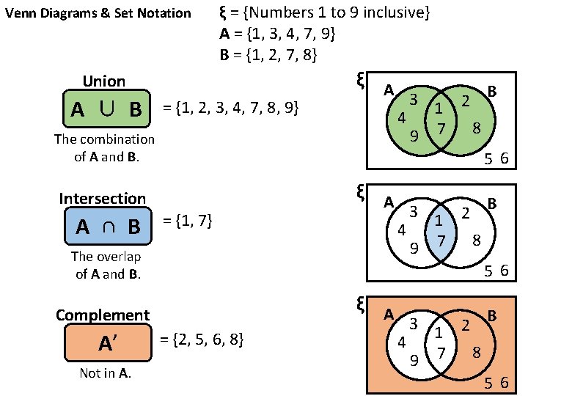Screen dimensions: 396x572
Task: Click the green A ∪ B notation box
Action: pos(106,109)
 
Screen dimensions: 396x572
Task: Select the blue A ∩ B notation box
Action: pos(107,226)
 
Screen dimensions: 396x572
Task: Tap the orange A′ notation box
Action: pos(107,342)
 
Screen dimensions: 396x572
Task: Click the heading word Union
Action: pos(103,81)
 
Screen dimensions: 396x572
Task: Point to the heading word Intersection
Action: pos(102,199)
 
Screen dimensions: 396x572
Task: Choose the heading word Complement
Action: pos(103,315)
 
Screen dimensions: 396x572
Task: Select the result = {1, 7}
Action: pos(186,221)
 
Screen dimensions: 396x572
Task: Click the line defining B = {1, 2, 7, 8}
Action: pos(268,55)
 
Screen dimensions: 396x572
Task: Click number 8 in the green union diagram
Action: pos(476,128)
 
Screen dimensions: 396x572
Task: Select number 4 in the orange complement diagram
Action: pos(401,342)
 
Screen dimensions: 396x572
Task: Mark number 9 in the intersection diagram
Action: pos(414,247)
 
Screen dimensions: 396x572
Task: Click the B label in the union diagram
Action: pos(492,91)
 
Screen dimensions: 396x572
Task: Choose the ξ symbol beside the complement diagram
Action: pos(360,305)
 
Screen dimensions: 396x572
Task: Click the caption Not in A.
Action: pos(105,373)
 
